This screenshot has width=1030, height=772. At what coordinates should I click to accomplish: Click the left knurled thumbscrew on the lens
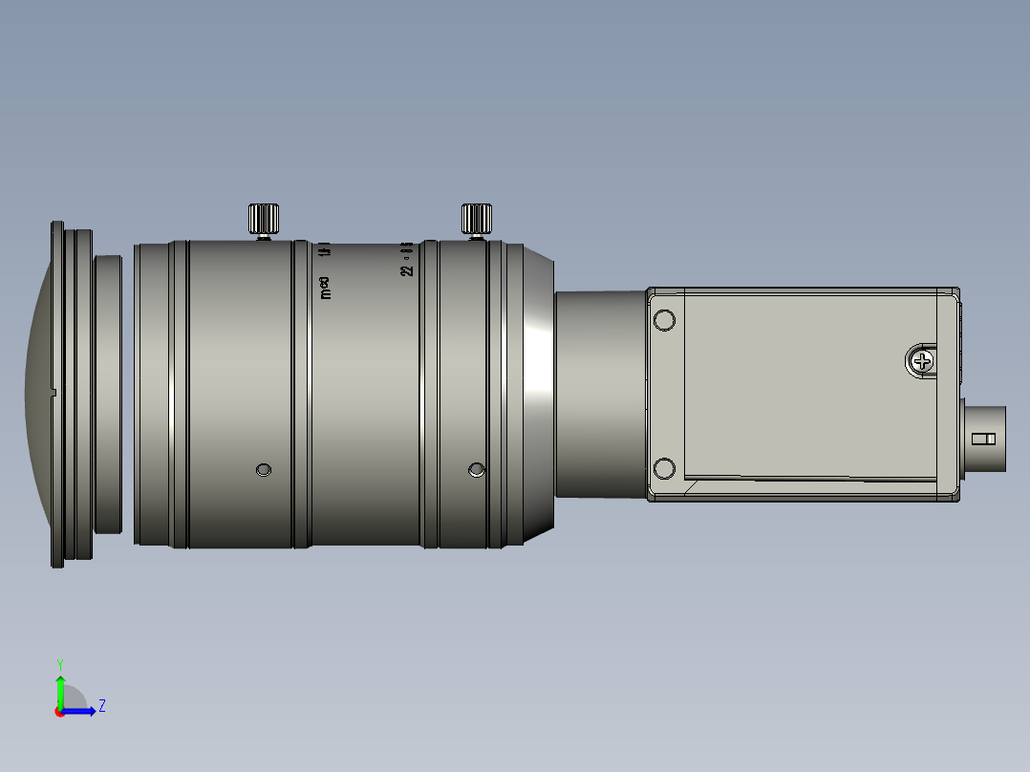click(x=263, y=219)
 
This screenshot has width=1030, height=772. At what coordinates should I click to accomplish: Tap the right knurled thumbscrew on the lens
click(x=476, y=219)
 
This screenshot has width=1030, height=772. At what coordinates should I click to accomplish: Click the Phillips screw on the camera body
click(x=922, y=361)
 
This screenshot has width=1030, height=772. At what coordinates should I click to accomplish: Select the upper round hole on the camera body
click(x=664, y=320)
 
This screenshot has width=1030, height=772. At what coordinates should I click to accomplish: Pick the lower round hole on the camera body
click(x=664, y=468)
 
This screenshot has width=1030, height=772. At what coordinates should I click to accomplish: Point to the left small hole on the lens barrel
click(x=264, y=469)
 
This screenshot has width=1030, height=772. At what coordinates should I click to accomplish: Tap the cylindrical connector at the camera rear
click(x=984, y=439)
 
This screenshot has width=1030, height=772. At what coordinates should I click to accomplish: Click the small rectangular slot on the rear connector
click(x=983, y=440)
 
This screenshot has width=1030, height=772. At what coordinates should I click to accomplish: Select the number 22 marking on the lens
click(x=408, y=270)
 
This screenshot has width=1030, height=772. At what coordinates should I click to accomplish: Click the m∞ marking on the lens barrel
click(x=326, y=288)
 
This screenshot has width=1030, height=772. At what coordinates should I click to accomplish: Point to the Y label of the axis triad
click(x=59, y=663)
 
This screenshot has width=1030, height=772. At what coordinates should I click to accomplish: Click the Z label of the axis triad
click(x=101, y=706)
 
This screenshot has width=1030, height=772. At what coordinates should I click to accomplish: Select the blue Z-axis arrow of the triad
click(x=81, y=711)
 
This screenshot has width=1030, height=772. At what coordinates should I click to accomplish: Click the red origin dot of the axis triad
click(x=60, y=711)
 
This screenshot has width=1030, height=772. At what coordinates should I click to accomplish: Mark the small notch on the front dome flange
click(x=53, y=392)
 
